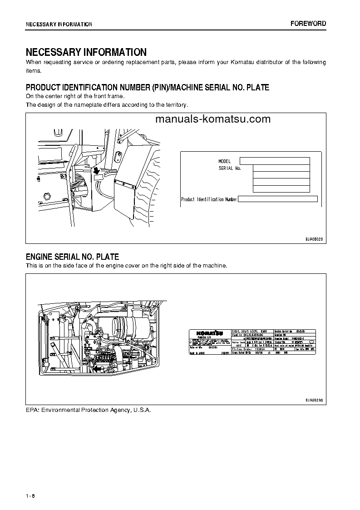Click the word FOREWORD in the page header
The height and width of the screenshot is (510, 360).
coord(308,24)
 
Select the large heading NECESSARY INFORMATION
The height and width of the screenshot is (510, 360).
coord(86,52)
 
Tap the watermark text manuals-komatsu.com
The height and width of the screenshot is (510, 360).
coord(212,119)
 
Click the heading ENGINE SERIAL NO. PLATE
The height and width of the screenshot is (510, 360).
coord(72,257)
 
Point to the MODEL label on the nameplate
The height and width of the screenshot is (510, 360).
coord(224,161)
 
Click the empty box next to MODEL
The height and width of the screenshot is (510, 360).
coord(274,161)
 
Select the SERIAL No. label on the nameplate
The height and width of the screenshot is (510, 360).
coord(229,168)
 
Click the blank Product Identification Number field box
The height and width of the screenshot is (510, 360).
coord(277,198)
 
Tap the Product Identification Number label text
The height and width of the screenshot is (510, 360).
coord(209,199)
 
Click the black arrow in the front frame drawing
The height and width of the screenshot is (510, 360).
coord(96,170)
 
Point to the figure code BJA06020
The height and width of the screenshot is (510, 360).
coord(313,239)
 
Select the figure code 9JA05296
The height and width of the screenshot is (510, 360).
coord(313,400)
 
